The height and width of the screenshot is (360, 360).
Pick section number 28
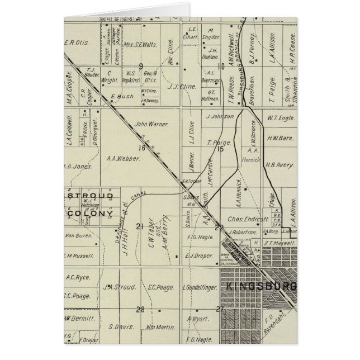(140, 309)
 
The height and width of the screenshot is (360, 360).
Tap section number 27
(220, 309)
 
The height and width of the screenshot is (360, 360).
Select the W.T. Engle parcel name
(280, 119)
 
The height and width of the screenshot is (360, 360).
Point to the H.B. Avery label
(279, 165)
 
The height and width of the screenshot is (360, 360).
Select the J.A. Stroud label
(120, 288)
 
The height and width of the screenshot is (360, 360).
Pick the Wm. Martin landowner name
(157, 326)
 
